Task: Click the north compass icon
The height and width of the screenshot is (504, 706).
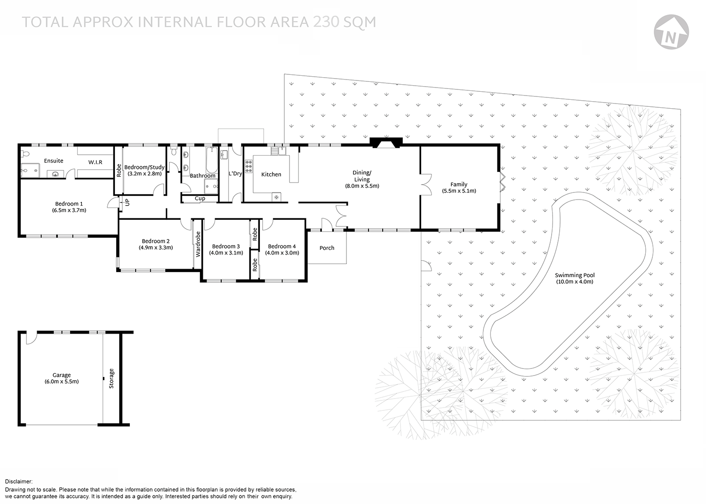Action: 671,32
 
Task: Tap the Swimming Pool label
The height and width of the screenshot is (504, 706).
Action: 574,275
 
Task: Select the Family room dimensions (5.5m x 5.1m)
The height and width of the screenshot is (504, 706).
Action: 459,191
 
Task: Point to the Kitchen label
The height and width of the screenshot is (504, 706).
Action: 271,175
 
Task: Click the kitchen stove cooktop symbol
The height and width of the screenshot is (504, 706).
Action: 248,167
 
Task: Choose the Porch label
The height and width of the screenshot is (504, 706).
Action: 327,248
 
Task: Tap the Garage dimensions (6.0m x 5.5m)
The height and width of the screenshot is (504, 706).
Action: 62,382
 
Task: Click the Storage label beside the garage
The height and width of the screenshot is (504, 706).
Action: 112,378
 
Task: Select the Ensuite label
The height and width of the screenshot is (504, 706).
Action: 54,161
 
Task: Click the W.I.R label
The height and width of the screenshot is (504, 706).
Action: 95,162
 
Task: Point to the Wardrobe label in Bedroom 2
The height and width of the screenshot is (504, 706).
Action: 198,244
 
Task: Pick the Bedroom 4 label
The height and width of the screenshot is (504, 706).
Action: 282,246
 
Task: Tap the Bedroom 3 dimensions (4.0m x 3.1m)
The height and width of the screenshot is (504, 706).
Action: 226,253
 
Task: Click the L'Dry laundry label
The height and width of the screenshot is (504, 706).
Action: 235,174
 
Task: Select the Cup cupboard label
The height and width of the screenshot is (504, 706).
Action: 200,199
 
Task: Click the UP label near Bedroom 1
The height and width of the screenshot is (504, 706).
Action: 127,202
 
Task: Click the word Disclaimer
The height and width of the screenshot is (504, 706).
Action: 19,482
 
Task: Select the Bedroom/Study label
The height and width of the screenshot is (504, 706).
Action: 144,167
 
